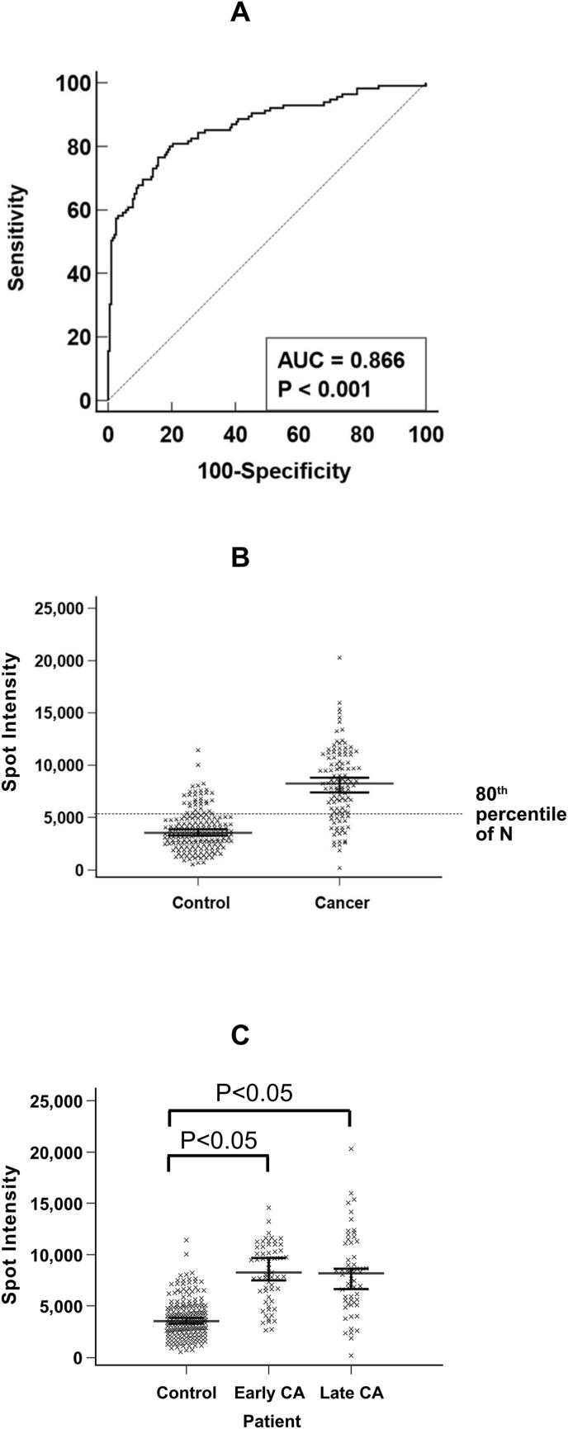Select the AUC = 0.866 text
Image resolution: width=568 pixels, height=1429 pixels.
coord(340,360)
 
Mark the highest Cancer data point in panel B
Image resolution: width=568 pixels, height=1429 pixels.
coord(339,658)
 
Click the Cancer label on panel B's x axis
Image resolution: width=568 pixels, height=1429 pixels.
coord(342,902)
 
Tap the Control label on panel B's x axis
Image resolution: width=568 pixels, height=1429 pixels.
coord(201,902)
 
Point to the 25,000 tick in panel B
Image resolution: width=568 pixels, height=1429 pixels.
coord(63,608)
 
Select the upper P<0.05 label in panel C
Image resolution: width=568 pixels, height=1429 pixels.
coord(254,1092)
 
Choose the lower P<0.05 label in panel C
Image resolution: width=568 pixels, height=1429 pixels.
coord(219,1140)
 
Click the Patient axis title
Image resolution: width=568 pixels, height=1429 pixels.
coord(272,1420)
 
